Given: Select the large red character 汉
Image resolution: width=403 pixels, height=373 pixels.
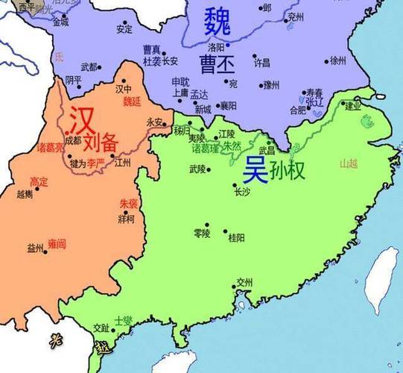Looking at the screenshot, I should [81, 119].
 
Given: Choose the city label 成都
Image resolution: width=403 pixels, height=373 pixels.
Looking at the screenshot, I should [73, 140].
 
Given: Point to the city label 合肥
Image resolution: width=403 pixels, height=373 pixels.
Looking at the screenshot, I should [297, 110].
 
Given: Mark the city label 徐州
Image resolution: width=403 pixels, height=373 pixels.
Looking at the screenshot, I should [338, 60].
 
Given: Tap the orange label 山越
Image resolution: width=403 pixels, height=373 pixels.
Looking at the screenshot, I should [349, 163].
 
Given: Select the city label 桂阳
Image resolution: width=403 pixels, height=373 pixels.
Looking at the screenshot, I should [236, 237].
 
